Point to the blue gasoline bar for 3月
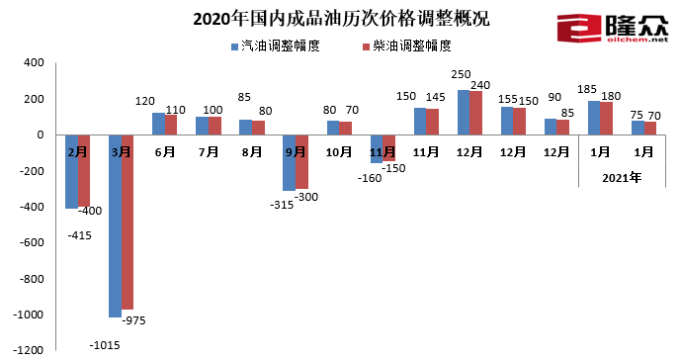(x=115, y=225)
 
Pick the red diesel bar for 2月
(x=85, y=171)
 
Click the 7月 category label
(x=209, y=152)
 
